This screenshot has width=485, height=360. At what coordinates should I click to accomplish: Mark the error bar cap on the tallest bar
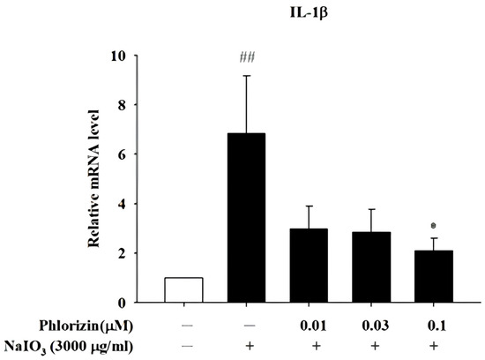[x=247, y=76]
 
